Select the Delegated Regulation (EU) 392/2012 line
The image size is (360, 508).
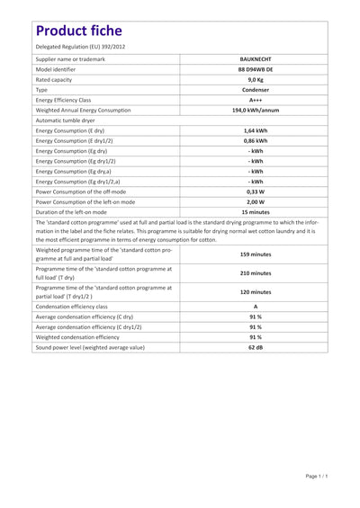tap(80, 46)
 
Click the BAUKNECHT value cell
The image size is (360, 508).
tap(255, 59)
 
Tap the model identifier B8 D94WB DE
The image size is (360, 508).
tap(255, 69)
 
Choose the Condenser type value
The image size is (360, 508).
tap(255, 90)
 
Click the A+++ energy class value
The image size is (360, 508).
tap(255, 100)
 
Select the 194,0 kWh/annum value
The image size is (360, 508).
tap(255, 110)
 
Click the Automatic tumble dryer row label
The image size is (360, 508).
tap(69, 120)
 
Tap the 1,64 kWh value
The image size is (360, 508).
tap(255, 130)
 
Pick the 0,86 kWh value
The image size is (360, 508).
tap(255, 140)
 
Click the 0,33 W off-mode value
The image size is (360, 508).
tap(255, 192)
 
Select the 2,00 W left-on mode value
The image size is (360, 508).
tap(255, 201)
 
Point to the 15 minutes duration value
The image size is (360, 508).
tap(255, 212)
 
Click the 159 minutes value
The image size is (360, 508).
tap(255, 254)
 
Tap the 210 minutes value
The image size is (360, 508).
tap(255, 272)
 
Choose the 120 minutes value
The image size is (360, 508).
tap(255, 292)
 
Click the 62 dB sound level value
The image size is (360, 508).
tap(255, 347)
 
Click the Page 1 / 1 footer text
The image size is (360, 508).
tap(322, 476)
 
